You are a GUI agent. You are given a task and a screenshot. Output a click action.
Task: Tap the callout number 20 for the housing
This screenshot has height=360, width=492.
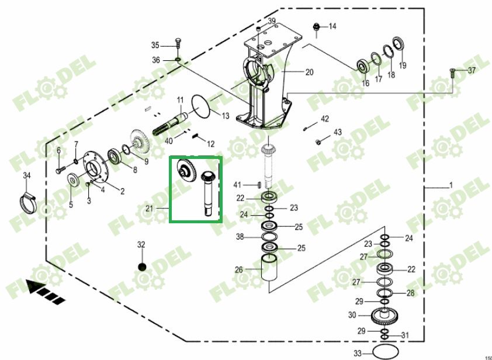[309, 72]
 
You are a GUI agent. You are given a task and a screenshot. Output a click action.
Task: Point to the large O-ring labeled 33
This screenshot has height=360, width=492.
[384, 352]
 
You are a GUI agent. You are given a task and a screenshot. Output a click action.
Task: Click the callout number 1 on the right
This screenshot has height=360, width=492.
[451, 186]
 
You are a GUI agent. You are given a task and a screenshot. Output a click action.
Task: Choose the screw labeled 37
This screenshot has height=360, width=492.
[452, 72]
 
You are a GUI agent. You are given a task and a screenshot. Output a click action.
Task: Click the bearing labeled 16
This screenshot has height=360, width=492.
[363, 65]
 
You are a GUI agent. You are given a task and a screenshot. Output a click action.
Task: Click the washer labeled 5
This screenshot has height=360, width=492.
[74, 178]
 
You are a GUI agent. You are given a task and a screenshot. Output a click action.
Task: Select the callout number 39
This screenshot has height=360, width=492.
[272, 21]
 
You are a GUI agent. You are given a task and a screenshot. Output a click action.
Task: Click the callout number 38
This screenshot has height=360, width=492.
[240, 237]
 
